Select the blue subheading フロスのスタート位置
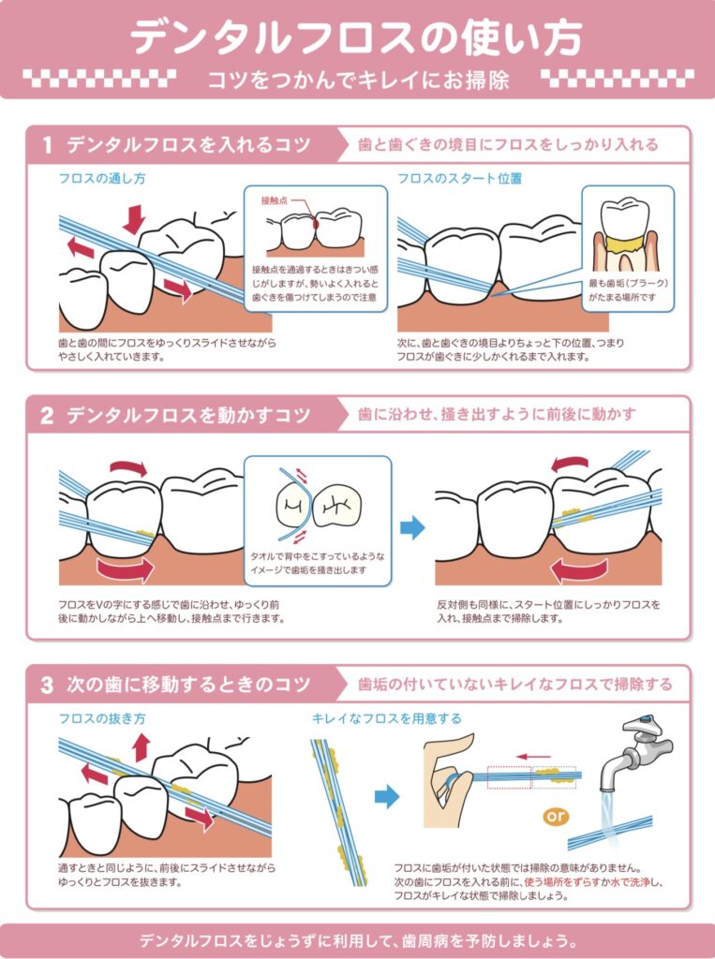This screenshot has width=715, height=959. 459,178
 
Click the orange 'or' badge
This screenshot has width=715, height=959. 556,817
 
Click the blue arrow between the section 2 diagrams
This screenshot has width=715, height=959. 412,527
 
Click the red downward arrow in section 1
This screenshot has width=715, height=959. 135,218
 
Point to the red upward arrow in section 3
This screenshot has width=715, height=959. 141,747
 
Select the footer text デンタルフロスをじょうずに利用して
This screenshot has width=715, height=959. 357,939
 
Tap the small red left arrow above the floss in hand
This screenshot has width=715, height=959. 533,756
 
